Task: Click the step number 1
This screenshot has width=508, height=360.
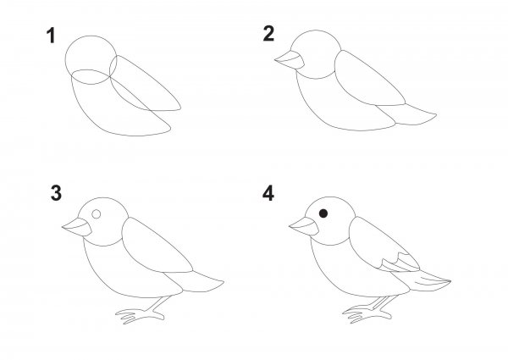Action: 51,36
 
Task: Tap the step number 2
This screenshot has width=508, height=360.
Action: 268,34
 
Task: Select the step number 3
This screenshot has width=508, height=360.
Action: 56,193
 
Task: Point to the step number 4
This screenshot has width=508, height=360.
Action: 268,193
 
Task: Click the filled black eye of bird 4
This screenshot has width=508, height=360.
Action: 323,213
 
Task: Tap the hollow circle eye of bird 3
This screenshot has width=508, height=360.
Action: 97,213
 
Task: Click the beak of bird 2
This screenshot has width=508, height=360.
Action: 290,60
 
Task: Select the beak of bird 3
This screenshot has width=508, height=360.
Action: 77,227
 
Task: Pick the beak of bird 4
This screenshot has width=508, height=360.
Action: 304,226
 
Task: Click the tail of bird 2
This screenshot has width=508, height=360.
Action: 408,114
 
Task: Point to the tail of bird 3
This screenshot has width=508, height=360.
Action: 196,281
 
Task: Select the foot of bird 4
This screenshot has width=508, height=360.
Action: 370,310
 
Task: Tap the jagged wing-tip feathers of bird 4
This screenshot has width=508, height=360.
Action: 400,263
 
